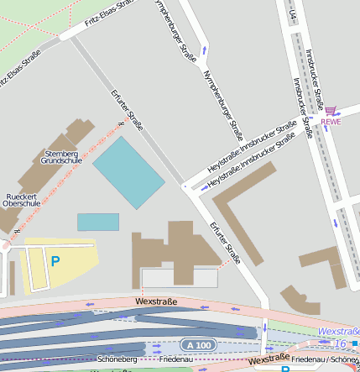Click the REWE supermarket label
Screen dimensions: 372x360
coord(331,121)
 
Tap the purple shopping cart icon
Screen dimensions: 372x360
coord(331,110)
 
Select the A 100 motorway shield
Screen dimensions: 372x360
coord(200,345)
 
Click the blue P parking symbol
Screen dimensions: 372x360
coord(55,261)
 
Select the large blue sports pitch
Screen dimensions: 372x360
coord(128,172)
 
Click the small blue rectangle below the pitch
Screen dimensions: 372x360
coord(98,222)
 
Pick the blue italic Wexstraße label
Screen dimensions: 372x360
coord(337,331)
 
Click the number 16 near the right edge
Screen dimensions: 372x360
coord(341,343)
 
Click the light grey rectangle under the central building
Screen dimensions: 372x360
coord(180,277)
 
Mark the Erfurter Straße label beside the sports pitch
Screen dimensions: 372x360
coord(128,111)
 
